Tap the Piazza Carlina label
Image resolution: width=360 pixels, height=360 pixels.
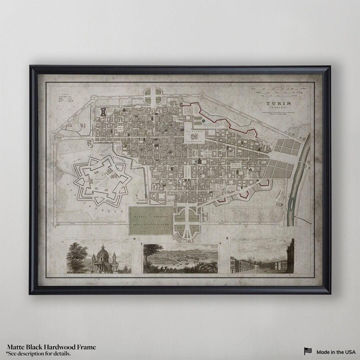point(237,165)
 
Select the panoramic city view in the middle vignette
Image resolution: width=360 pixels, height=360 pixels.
point(180,258)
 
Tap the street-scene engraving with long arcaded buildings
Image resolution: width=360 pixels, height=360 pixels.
point(262,259)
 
